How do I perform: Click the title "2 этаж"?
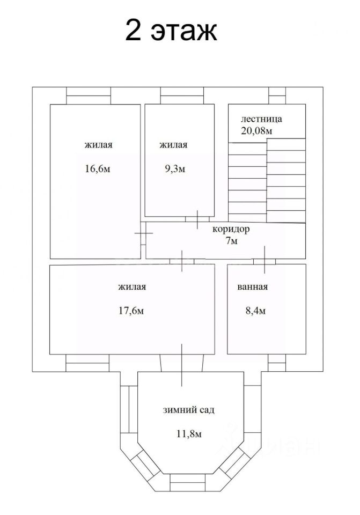coord(171,31)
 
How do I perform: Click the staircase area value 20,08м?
coord(257,130)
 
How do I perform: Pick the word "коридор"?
coord(231,229)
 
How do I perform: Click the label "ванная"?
coord(252,286)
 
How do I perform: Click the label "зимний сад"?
coord(189,410)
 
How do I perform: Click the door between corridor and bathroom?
coord(265,260)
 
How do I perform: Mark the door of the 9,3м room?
coord(197,218)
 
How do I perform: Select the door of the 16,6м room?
coord(143,234)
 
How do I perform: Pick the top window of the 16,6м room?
coord(88,95)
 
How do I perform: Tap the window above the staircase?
coord(277,95)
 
